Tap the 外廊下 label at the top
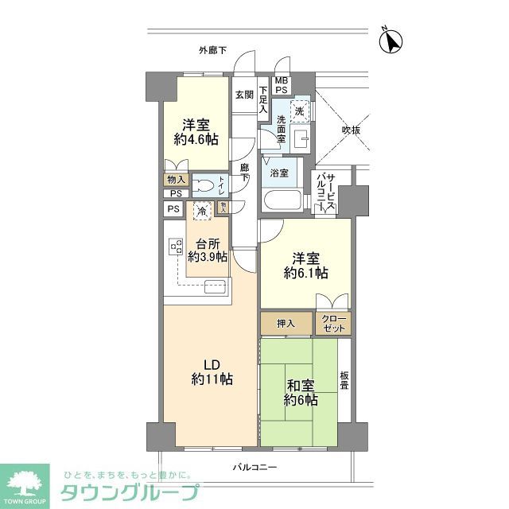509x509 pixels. [212, 51]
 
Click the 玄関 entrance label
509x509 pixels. [243, 95]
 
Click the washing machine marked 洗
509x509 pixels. [299, 112]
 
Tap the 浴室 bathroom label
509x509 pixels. [278, 173]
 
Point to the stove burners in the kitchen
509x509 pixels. [174, 248]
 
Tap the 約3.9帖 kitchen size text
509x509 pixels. [208, 257]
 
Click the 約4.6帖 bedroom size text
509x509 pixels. [196, 140]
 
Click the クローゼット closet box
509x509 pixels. [332, 323]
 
